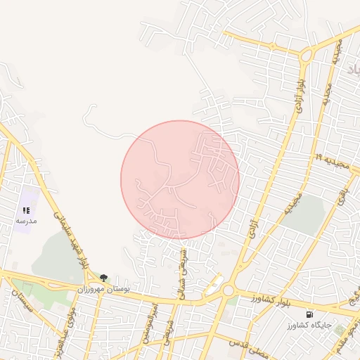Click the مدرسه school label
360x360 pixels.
click(x=26, y=221)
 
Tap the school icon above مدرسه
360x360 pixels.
click(x=26, y=210)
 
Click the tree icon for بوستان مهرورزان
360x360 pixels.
click(x=104, y=278)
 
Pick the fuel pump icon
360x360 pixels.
click(x=310, y=314)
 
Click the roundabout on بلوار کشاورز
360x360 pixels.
click(x=228, y=290)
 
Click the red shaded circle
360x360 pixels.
click(x=180, y=180)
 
